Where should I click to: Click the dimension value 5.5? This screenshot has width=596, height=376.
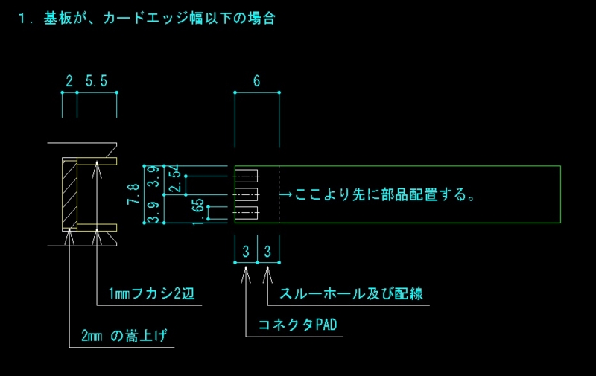click(x=96, y=81)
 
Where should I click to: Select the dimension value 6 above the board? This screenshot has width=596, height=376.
click(x=256, y=81)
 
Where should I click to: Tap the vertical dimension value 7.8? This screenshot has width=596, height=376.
click(x=133, y=194)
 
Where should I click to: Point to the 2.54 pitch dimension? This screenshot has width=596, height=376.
click(x=174, y=178)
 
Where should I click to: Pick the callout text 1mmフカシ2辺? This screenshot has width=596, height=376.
click(x=151, y=293)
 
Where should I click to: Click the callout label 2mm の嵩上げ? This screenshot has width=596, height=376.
click(x=124, y=335)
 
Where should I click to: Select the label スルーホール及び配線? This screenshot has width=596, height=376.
click(x=351, y=293)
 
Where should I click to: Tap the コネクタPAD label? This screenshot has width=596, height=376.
click(x=297, y=325)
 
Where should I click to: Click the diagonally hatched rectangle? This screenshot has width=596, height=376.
click(x=69, y=194)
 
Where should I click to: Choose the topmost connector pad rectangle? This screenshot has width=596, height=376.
click(x=247, y=176)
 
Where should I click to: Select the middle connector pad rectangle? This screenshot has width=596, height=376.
click(x=247, y=194)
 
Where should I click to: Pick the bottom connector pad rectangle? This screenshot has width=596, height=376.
click(x=247, y=213)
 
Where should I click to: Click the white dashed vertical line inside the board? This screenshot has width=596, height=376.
click(x=279, y=194)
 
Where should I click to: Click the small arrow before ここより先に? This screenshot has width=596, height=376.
click(x=286, y=194)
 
